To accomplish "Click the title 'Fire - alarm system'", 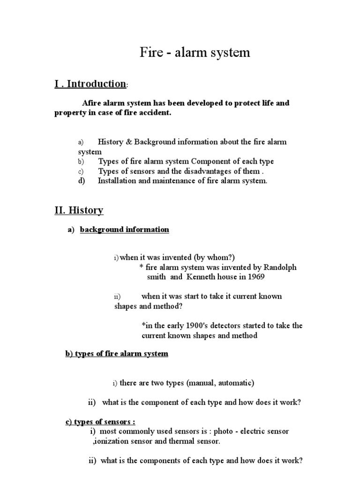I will coord(195,52).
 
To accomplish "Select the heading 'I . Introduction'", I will coord(90,84).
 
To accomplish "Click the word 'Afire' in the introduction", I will coord(92,103).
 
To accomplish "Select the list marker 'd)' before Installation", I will coord(81,181).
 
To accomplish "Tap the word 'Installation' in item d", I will coord(117,181).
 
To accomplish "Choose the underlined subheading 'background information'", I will coord(125,230).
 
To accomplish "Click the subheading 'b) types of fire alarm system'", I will coord(117,353).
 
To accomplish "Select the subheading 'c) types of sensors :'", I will coord(100,422).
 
